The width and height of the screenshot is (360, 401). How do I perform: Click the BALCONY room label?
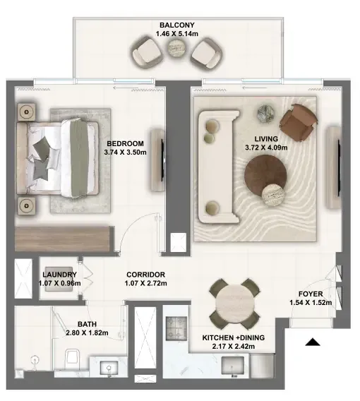[177, 25]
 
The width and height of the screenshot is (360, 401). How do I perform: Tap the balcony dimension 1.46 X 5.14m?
[177, 33]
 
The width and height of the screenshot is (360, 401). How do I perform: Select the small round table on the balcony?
[176, 48]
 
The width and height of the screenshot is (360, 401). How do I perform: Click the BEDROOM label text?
[125, 143]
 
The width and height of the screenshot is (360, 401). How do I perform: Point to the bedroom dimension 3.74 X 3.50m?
[125, 152]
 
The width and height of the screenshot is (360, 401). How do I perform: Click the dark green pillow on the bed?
[41, 148]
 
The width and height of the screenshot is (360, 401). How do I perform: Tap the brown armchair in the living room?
[298, 123]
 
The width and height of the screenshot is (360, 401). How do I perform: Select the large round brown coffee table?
[265, 175]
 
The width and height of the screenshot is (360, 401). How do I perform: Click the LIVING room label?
[266, 139]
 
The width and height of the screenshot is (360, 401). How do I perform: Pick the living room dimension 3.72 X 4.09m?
[266, 148]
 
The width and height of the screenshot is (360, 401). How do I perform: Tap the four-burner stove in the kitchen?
[176, 328]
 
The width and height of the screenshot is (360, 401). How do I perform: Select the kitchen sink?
[232, 366]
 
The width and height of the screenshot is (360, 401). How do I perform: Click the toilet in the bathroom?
[73, 358]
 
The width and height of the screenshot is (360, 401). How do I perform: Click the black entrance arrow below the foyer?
[313, 342]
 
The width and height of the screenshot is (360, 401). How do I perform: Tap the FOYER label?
[311, 294]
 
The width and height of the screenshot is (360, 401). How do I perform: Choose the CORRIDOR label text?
[145, 275]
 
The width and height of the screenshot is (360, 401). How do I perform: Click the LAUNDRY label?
[59, 275]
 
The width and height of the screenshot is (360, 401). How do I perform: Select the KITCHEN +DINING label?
[234, 338]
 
